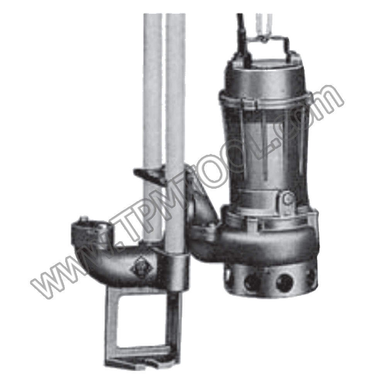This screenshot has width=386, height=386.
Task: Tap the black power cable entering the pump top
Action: coord(242,37)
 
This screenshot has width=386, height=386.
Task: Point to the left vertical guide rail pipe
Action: coord(152,123)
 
